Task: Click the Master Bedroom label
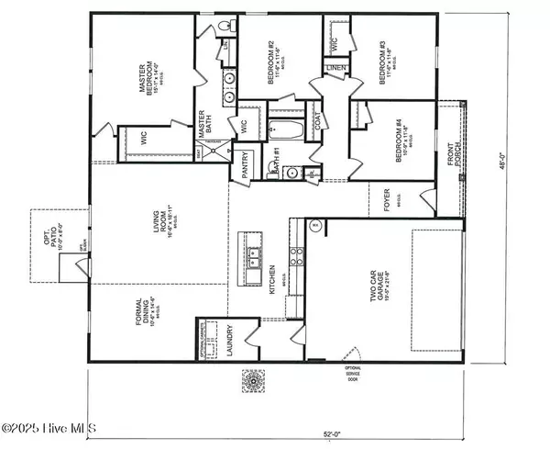click(x=148, y=80)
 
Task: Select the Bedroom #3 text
click(x=379, y=62)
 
